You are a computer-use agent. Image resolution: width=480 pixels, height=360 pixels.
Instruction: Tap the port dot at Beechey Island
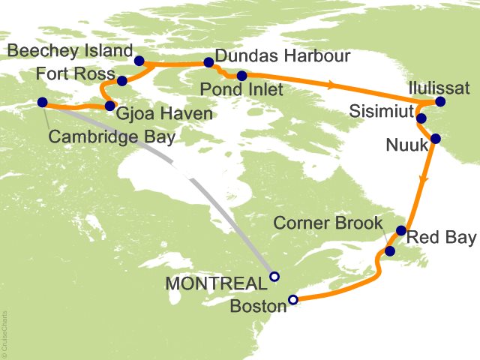pos(139,61)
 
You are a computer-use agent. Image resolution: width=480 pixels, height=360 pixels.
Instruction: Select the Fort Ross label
pos(76,76)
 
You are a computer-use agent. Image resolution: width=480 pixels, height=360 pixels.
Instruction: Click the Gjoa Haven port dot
pos(110,106)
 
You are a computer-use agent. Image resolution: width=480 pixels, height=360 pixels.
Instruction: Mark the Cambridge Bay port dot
pos(42,103)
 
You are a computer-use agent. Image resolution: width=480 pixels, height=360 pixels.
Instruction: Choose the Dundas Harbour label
pos(283,56)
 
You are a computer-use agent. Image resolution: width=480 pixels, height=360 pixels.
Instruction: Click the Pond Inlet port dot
pos(241,76)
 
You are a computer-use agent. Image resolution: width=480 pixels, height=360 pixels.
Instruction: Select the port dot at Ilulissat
pos(439,102)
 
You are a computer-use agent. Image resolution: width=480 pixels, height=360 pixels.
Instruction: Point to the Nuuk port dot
pos(436,139)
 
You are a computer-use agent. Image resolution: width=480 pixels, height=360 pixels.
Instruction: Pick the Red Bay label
pos(442,238)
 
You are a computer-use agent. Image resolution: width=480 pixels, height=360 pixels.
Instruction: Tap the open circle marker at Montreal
pos(274,276)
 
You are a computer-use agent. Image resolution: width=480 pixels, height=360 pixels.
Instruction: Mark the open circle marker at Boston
pos(293,300)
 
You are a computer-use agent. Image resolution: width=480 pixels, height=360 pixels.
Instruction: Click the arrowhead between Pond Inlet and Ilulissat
pos(330,85)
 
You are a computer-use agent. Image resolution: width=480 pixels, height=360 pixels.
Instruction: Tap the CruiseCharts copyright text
pos(4,331)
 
